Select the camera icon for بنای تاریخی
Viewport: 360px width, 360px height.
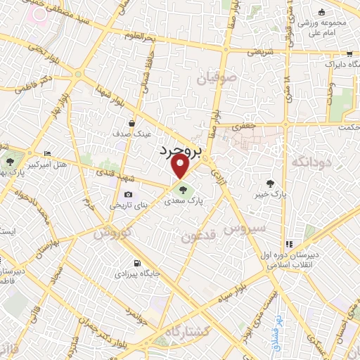click(x=128, y=195)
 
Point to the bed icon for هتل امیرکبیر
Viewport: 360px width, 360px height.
click(x=47, y=154)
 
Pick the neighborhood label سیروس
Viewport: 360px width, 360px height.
click(x=245, y=228)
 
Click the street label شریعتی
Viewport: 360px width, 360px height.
click(x=256, y=52)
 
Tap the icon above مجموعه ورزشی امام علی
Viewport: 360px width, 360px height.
click(x=321, y=12)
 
